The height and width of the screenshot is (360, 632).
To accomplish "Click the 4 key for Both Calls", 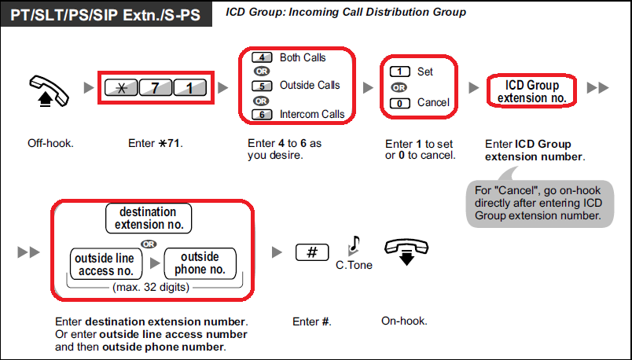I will pyautogui.click(x=262, y=57).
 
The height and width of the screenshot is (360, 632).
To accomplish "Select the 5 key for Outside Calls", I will pyautogui.click(x=262, y=85).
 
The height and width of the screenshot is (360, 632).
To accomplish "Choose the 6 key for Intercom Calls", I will pyautogui.click(x=262, y=114).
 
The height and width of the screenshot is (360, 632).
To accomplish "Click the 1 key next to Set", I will pyautogui.click(x=400, y=72).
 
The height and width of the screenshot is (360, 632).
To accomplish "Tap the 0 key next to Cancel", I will pyautogui.click(x=400, y=102).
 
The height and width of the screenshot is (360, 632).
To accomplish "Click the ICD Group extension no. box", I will pyautogui.click(x=531, y=90).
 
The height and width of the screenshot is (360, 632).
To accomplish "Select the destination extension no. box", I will pyautogui.click(x=148, y=219).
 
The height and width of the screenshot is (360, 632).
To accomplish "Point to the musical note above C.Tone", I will pyautogui.click(x=355, y=244).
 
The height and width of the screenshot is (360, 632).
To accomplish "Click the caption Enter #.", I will pyautogui.click(x=312, y=321).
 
